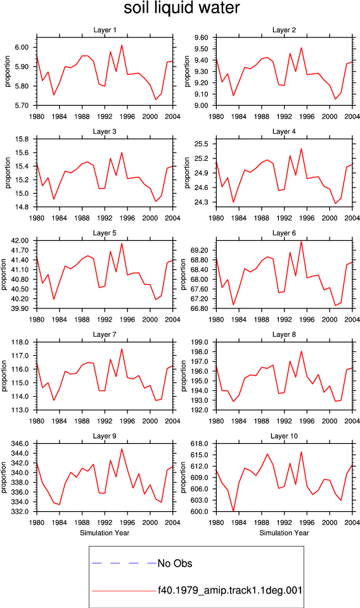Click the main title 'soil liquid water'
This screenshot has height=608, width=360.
181,8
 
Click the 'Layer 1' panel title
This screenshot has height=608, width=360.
105,30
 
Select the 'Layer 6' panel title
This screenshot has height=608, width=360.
284,233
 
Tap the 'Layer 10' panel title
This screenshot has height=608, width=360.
284,436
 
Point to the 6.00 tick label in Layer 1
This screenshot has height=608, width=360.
22,47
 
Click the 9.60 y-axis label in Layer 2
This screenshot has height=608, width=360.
201,37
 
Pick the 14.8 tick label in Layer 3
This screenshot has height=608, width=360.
22,207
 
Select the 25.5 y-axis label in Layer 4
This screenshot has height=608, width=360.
201,144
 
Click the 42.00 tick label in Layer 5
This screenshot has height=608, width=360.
20,241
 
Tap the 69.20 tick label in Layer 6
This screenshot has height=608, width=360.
200,251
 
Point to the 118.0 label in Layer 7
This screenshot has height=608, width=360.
20,342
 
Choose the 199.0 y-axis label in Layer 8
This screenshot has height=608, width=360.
200,342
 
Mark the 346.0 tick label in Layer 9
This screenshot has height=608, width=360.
20,443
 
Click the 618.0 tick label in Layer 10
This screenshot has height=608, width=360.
200,443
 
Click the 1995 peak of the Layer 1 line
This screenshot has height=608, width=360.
122,45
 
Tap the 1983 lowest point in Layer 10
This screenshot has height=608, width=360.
233,511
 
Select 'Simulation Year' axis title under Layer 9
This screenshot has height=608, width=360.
105,533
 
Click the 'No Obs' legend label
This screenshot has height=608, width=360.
175,564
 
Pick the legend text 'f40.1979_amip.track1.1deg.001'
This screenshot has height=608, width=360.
230,591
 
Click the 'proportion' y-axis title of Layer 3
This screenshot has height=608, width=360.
8,173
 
